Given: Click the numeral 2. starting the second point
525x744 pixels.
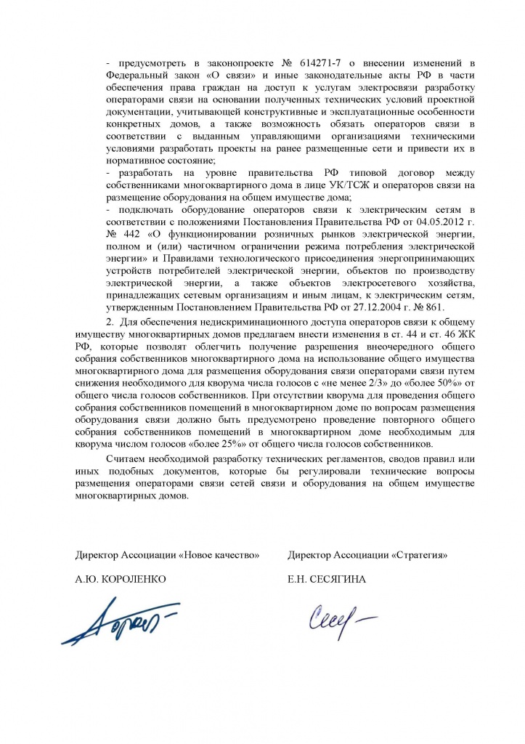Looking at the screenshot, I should coord(110,322).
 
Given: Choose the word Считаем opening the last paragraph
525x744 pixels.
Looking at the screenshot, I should coord(130,460).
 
